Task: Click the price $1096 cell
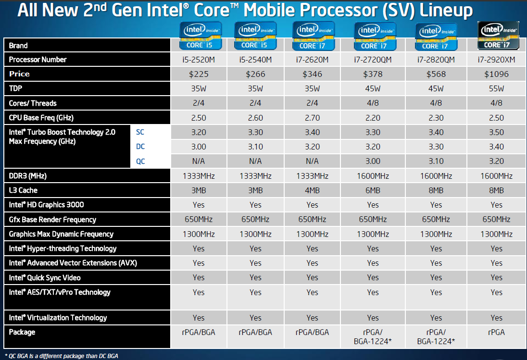coord(496,74)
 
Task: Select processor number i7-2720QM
coord(373,60)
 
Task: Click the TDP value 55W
coord(496,88)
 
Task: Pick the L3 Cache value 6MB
coord(373,190)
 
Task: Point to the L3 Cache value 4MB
coord(312,190)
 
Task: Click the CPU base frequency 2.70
coord(312,118)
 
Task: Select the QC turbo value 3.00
coord(373,161)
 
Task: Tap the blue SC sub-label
coord(140,132)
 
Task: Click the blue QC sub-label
coord(140,161)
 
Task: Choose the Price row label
coord(19,74)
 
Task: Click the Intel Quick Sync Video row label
coord(45,278)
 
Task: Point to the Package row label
coord(22,332)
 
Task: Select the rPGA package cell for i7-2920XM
coord(496,332)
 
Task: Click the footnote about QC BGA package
coord(61,356)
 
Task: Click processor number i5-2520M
coord(198,60)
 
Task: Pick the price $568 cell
coord(436,74)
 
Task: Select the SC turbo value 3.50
coord(496,132)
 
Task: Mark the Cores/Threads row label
coord(33,103)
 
